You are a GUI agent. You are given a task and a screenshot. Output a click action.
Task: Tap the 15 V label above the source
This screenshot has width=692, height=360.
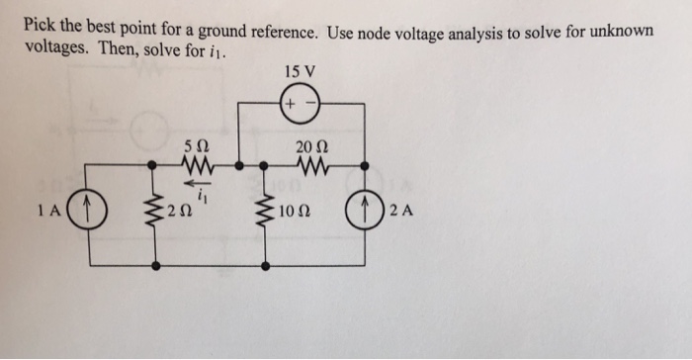coord(297,71)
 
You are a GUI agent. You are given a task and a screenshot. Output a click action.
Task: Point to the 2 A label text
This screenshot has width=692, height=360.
coord(401,211)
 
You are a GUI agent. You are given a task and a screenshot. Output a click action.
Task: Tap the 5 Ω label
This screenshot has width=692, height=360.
coord(194,144)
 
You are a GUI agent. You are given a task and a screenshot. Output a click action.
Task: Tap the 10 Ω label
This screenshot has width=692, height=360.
coord(293,211)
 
